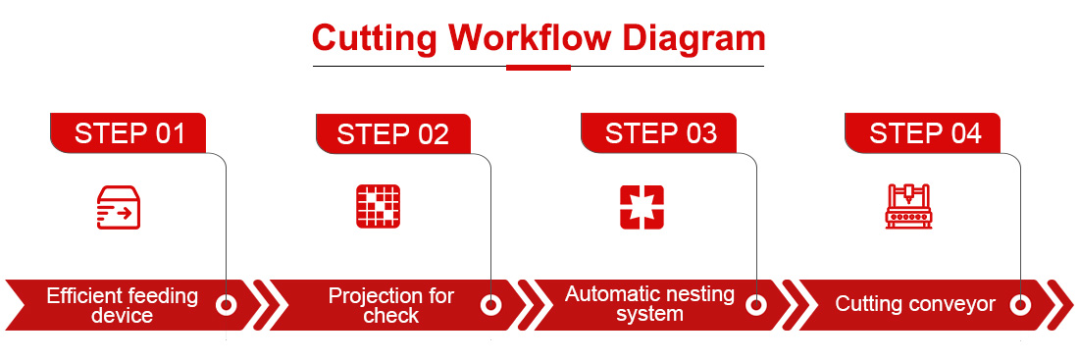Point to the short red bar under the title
point(539,68)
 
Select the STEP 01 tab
point(128,132)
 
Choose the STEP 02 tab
point(393,133)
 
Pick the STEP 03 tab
point(659,132)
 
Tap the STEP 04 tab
point(923,132)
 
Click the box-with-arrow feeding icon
point(119,207)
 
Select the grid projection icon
point(378,207)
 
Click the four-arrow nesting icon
point(642,207)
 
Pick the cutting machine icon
point(907,206)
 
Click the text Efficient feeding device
point(122,306)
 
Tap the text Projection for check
point(390,305)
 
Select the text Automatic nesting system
point(649,303)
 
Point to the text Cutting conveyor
point(915,303)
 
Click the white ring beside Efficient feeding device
point(227,304)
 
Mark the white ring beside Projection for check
point(490,304)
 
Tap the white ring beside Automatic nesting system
point(756,304)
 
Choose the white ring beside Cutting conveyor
point(1020,304)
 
